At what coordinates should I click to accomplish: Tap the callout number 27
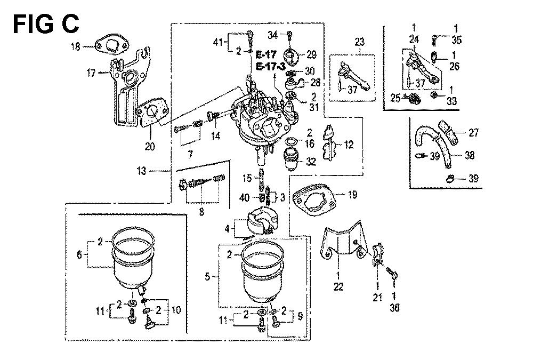(x=474, y=132)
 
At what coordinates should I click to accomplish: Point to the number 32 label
(x=311, y=161)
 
